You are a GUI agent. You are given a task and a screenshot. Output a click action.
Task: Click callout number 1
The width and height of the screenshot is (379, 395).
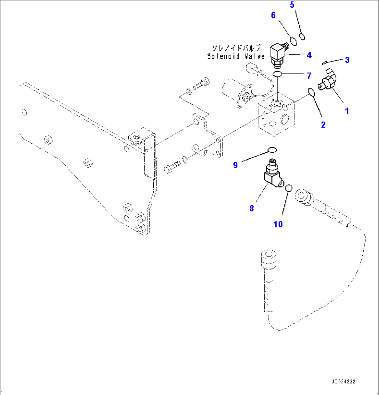347,111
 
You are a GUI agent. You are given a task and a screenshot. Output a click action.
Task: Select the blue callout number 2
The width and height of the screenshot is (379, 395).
323,125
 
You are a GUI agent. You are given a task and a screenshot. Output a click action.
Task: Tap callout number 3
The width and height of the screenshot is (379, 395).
347,60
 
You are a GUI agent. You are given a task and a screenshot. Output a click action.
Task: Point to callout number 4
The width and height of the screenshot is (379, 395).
309,55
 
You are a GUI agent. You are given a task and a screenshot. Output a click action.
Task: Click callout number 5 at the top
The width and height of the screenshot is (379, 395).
292,5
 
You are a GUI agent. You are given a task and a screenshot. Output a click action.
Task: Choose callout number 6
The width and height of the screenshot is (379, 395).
273,15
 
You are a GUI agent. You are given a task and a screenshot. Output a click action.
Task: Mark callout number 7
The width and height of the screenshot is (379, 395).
309,75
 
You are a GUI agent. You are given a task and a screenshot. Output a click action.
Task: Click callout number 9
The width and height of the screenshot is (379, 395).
235,165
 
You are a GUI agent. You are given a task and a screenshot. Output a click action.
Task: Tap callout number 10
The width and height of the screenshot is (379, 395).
278,224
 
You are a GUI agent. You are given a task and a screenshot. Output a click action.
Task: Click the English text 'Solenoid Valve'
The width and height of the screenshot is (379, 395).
236,56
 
